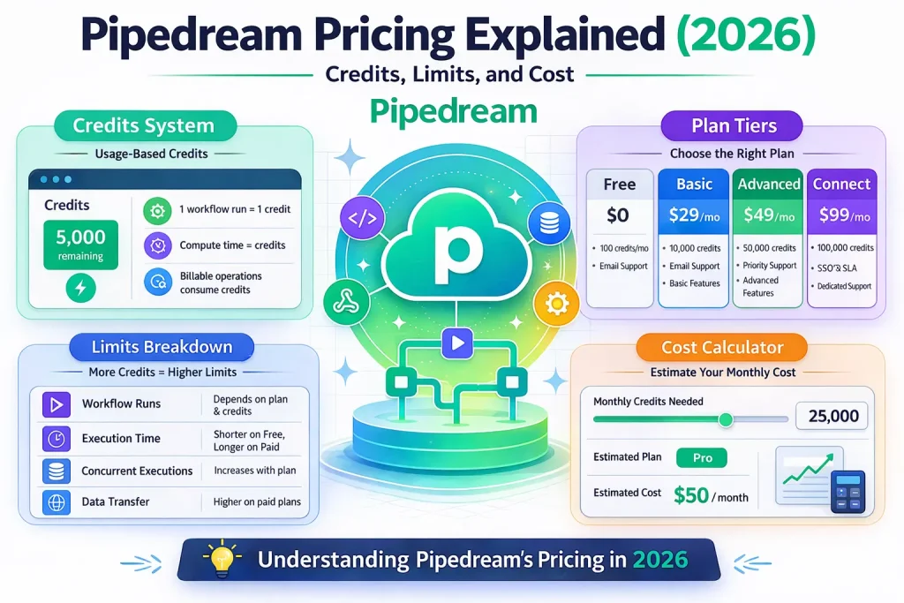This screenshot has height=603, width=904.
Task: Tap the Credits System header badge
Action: point(144,126)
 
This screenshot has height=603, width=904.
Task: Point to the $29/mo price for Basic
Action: point(694,215)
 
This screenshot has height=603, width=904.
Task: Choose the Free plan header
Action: point(620,185)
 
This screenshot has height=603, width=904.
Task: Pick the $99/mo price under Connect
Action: point(843,215)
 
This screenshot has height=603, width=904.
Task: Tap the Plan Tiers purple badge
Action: point(734,126)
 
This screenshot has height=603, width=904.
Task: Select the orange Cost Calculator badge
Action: point(722,347)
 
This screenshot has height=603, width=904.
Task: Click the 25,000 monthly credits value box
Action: point(832,415)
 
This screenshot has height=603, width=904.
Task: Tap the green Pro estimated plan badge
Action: point(701,457)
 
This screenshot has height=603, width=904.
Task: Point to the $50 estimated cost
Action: point(691,495)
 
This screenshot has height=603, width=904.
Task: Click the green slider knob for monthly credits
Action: point(726,419)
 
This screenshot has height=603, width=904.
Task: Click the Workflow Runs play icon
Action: point(56,405)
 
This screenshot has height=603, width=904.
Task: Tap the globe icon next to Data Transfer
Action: point(56,502)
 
